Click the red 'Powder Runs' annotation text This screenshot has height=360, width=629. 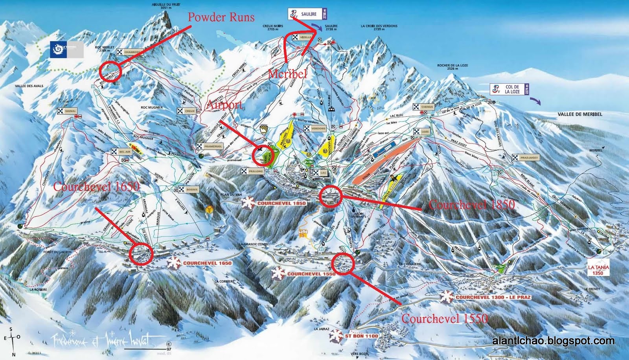click(221, 17)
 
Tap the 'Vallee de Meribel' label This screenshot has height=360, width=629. click(579, 114)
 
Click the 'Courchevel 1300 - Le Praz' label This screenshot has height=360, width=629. click(493, 298)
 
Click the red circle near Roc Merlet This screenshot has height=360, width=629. click(109, 72)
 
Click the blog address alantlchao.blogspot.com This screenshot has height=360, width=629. click(553, 341)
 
